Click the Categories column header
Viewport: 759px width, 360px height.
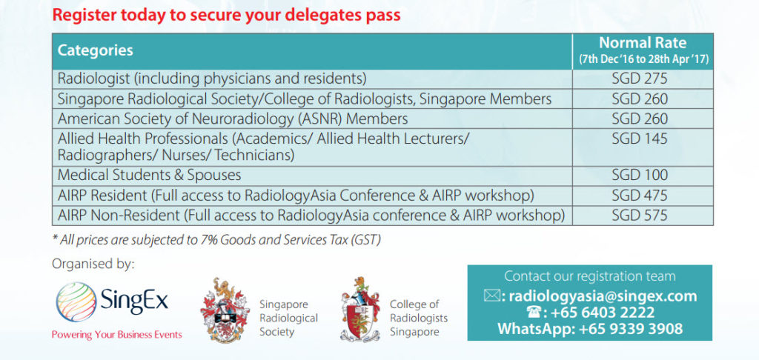[96, 51]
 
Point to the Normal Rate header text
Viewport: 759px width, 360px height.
[642, 43]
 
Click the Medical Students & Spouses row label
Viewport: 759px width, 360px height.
[149, 176]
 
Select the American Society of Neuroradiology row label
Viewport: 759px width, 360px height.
[233, 119]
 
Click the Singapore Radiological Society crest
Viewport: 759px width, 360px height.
[225, 310]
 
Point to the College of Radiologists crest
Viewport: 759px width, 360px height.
[362, 309]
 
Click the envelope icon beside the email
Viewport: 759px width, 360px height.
[492, 296]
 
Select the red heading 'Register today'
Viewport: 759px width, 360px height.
[227, 15]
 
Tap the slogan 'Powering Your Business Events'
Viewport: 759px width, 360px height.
[116, 335]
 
